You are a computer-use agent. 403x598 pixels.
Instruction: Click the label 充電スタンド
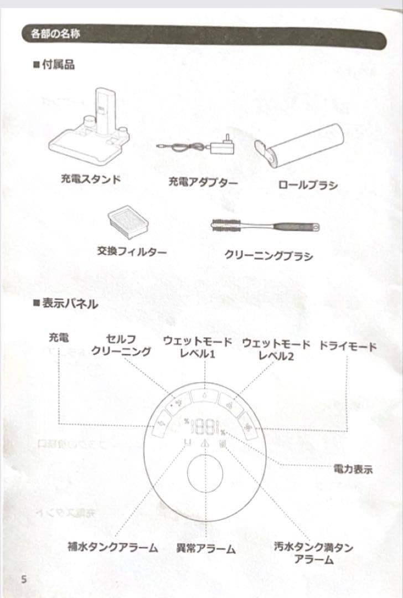(x=91, y=179)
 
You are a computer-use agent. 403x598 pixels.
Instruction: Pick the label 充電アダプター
(x=203, y=182)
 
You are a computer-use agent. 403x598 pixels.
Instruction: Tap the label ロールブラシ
(x=307, y=185)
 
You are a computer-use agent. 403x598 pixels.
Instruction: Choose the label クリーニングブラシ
(x=268, y=255)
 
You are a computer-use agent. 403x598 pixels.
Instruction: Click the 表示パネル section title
(x=65, y=303)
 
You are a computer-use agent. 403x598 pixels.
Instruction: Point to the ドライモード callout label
(x=348, y=347)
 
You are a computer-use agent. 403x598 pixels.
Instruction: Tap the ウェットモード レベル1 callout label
(x=197, y=348)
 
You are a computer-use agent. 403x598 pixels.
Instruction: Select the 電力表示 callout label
(x=353, y=470)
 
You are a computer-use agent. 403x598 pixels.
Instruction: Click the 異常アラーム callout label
(x=206, y=549)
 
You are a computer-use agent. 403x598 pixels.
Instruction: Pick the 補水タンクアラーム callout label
(x=113, y=548)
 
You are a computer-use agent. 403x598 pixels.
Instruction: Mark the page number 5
(x=24, y=579)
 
